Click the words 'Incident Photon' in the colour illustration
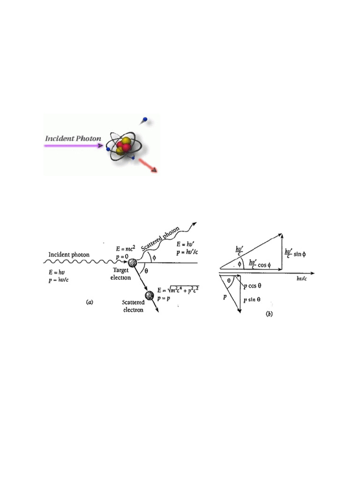tap(73, 139)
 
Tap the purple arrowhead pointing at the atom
tap(100, 146)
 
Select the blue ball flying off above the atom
tap(145, 119)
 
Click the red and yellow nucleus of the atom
tap(123, 146)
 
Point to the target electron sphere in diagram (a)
tap(133, 263)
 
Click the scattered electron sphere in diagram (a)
tap(150, 295)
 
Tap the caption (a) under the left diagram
tap(89, 302)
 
